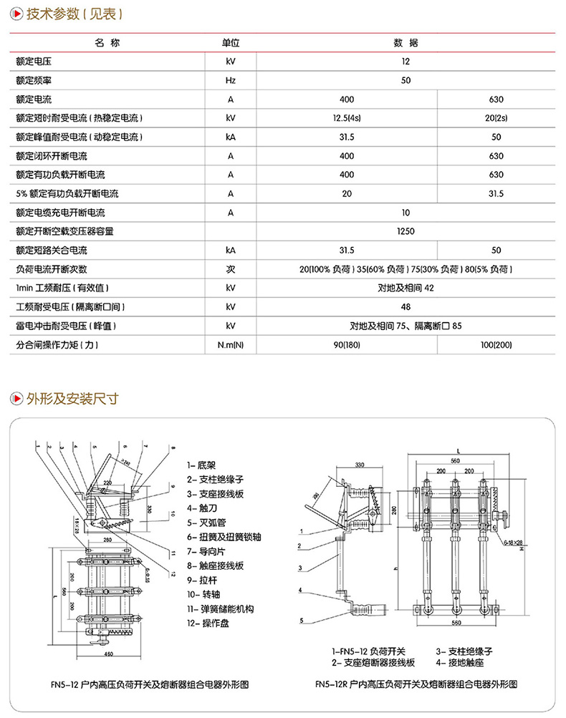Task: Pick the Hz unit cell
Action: pos(230,80)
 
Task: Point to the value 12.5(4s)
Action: pos(347,117)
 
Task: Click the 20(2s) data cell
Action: pos(496,117)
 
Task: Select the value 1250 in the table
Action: pos(406,231)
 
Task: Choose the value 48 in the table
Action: pos(406,307)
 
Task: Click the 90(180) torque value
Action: pos(347,345)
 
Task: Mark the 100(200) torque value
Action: pos(496,345)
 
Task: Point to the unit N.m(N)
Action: pos(230,345)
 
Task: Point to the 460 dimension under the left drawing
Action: pos(109,654)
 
